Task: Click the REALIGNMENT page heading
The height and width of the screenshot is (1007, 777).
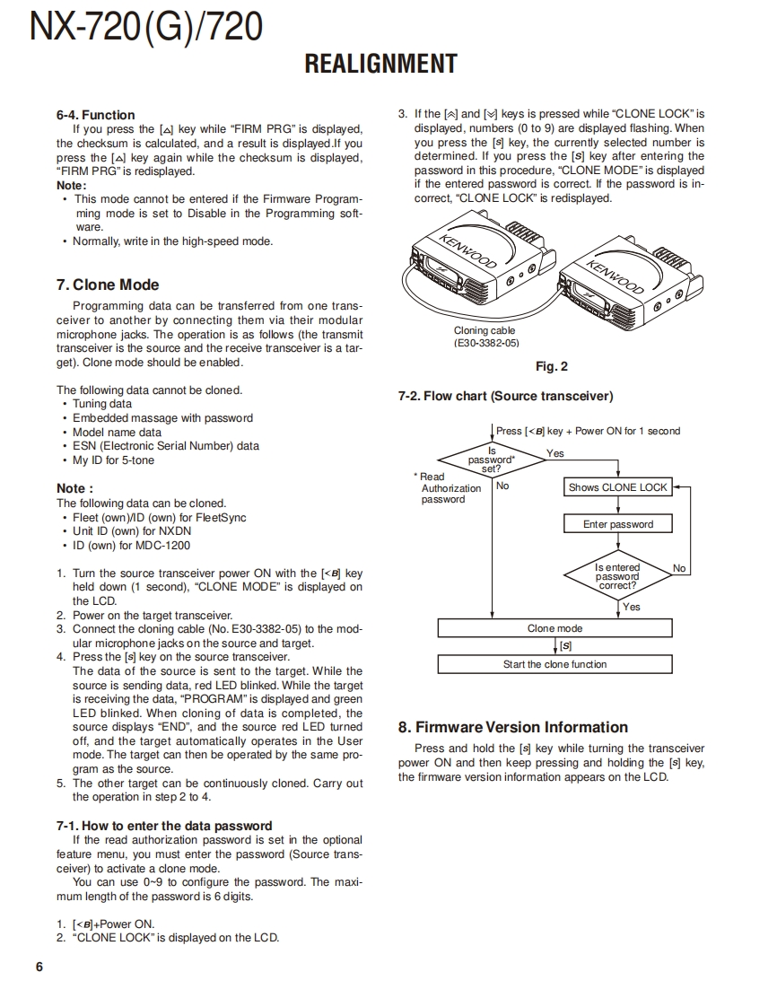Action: click(380, 64)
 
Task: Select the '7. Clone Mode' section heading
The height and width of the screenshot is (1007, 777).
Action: click(108, 285)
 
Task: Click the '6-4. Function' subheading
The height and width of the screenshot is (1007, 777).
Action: click(95, 115)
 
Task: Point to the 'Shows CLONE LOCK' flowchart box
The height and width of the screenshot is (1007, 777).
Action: click(618, 487)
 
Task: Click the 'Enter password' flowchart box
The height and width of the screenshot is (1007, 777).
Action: click(618, 524)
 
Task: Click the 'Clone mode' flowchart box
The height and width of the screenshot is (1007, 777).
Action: click(554, 628)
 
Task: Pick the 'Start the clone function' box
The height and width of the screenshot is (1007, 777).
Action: click(554, 664)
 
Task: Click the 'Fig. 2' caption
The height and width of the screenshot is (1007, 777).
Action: click(551, 366)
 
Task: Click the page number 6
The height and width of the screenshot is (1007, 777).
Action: click(39, 967)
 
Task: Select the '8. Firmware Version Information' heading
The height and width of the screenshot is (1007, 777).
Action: click(512, 727)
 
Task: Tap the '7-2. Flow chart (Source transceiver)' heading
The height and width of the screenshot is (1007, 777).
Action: click(505, 396)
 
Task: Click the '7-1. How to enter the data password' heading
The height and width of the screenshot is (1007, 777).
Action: click(163, 826)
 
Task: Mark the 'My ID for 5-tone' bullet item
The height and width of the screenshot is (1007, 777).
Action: click(113, 460)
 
